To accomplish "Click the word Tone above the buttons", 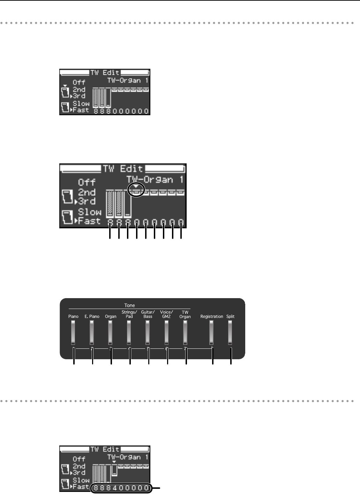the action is click(129, 305).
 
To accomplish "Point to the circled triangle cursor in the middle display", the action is click(136, 188).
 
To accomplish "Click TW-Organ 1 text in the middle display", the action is click(156, 180).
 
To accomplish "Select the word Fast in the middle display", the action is click(90, 221).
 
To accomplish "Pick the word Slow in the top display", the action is click(81, 104).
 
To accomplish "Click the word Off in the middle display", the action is click(87, 182).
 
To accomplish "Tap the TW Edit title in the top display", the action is click(105, 73).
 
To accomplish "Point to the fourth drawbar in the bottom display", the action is click(114, 472).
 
